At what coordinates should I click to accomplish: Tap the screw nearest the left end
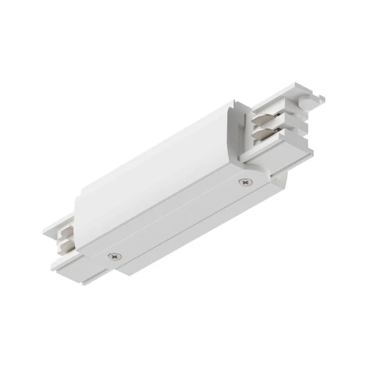(113, 255)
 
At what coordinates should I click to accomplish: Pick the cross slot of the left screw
(113, 255)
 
